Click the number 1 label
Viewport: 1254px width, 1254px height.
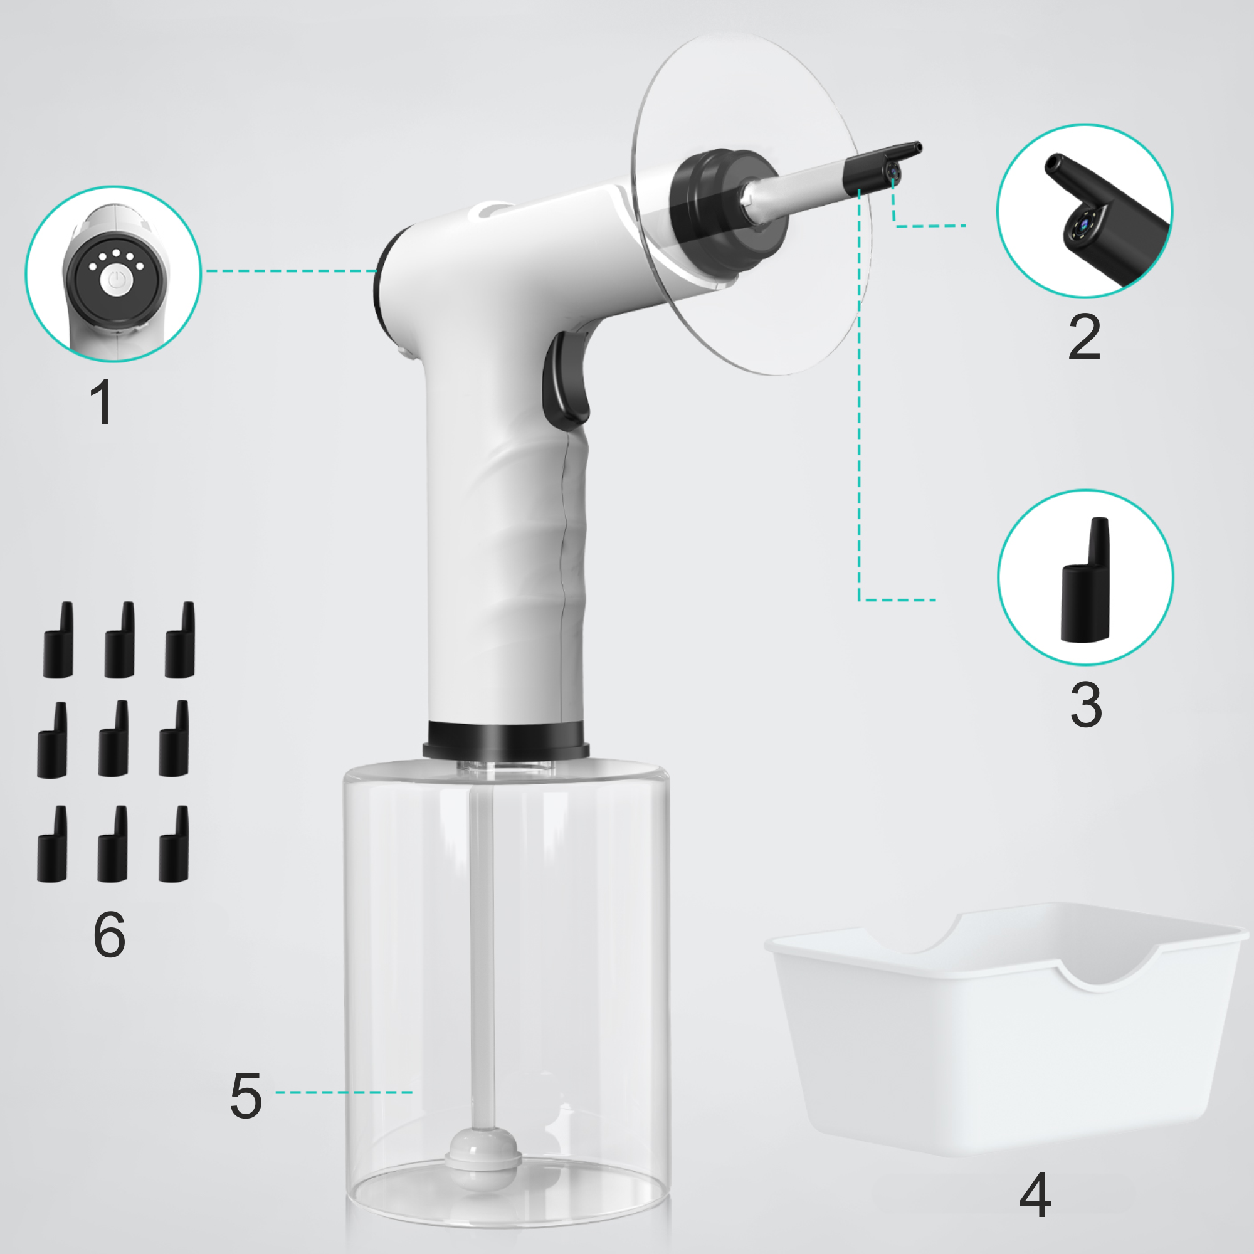point(103,403)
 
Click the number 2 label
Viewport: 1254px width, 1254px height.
point(1085,337)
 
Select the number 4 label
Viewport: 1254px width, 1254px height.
point(1035,1195)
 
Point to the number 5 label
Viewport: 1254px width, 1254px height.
point(246,1096)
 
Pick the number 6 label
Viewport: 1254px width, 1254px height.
point(109,934)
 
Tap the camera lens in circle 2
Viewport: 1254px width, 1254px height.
point(1083,224)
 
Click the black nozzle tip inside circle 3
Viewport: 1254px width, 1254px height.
point(1085,579)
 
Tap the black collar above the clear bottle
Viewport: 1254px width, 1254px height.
point(506,740)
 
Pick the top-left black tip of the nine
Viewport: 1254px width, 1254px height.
point(58,640)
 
